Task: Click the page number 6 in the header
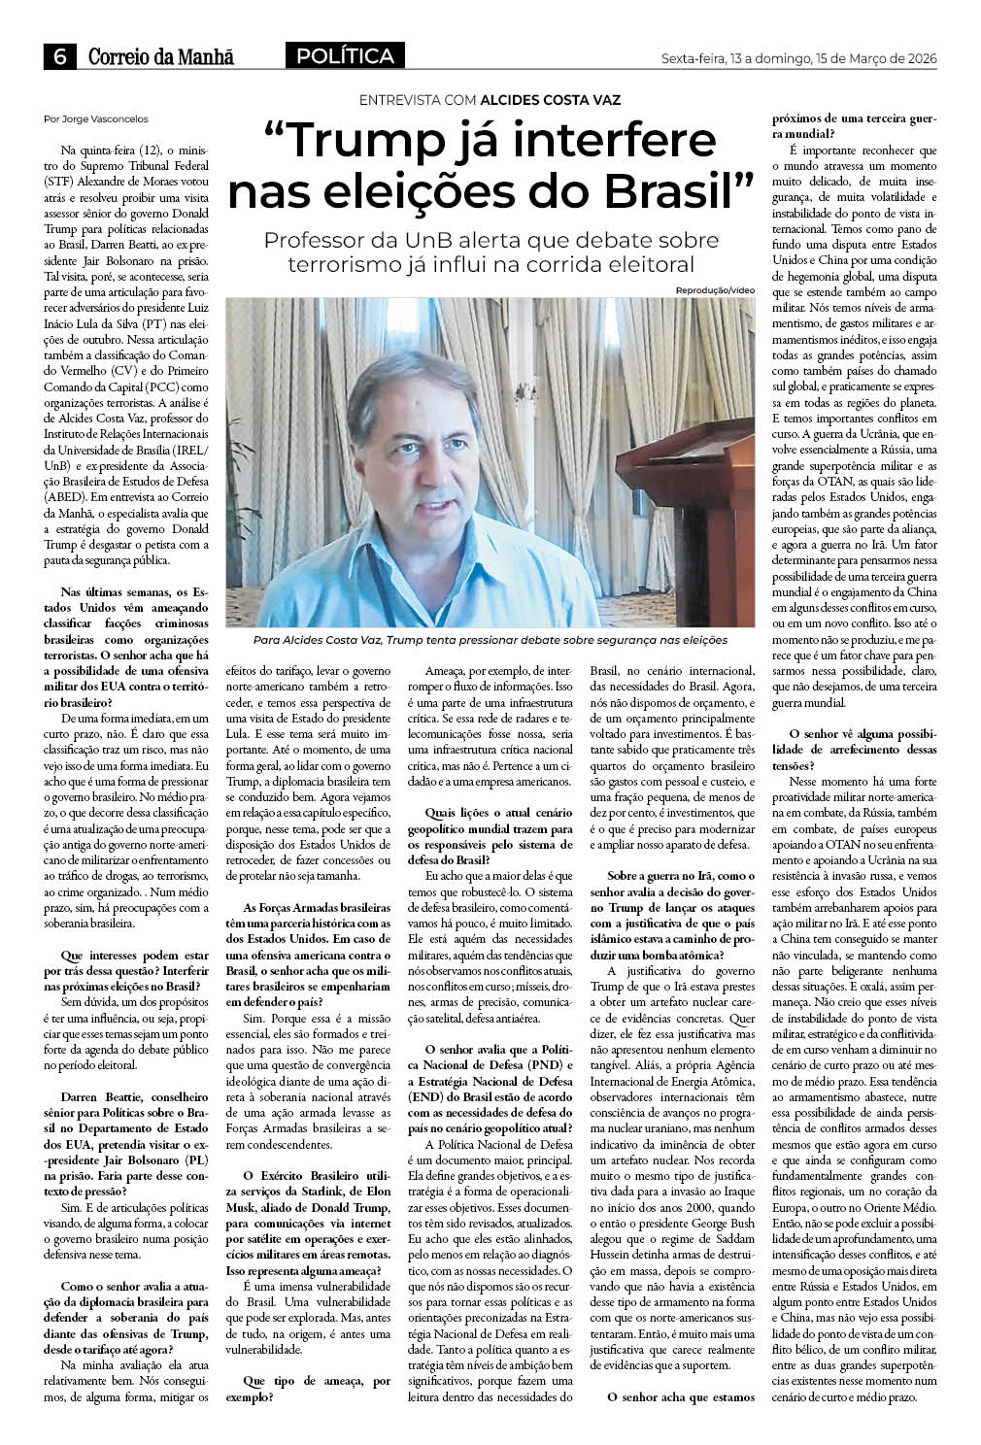coord(59,58)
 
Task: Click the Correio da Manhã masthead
coord(161,58)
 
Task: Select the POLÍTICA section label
coord(345,57)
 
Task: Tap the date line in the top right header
coord(798,59)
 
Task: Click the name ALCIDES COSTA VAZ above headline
coord(551,100)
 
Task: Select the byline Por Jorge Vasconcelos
coord(96,118)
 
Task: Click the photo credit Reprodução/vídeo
coord(715,290)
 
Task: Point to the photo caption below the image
coord(490,640)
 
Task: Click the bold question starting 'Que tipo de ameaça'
coord(308,1388)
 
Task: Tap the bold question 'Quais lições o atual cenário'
coord(490,830)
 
